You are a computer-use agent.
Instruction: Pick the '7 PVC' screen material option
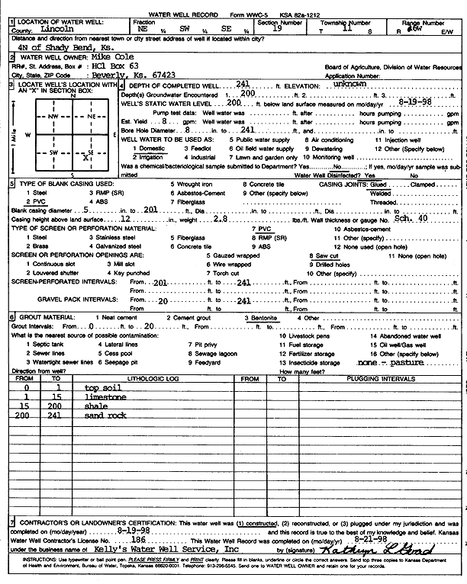point(261,228)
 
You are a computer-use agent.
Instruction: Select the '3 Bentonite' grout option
point(261,317)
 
